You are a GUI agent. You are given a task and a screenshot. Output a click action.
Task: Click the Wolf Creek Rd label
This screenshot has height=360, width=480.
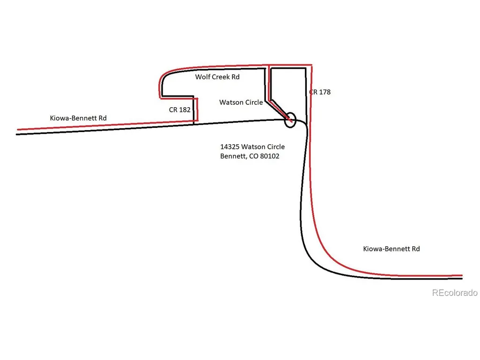tap(217, 77)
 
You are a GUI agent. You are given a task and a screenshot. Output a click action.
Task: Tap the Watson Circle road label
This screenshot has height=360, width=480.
tap(241, 102)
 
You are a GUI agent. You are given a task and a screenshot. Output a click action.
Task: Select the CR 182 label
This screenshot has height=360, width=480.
tap(180, 110)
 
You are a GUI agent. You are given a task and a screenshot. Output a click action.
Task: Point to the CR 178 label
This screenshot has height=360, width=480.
tap(320, 92)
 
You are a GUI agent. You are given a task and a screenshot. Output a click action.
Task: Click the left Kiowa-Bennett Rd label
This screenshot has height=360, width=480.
tap(78, 118)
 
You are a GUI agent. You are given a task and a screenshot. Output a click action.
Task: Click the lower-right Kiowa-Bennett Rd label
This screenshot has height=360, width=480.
tap(391, 249)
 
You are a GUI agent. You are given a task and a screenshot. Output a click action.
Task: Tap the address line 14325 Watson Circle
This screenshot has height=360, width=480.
tap(252, 147)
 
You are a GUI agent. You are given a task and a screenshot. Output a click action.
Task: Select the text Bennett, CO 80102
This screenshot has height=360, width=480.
tap(250, 156)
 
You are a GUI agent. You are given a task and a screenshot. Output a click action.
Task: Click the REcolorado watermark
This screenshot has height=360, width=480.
tap(455, 293)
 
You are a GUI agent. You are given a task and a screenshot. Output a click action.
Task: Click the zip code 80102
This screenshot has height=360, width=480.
tap(270, 156)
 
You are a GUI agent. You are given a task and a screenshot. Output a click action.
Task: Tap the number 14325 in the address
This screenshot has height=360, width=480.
tap(229, 147)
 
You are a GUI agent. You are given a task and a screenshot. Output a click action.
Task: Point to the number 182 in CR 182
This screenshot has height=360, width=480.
tap(185, 110)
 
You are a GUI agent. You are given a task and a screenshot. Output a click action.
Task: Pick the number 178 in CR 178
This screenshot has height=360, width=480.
tap(325, 92)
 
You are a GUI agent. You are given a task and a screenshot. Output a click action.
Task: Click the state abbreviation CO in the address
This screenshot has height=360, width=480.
tap(253, 156)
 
